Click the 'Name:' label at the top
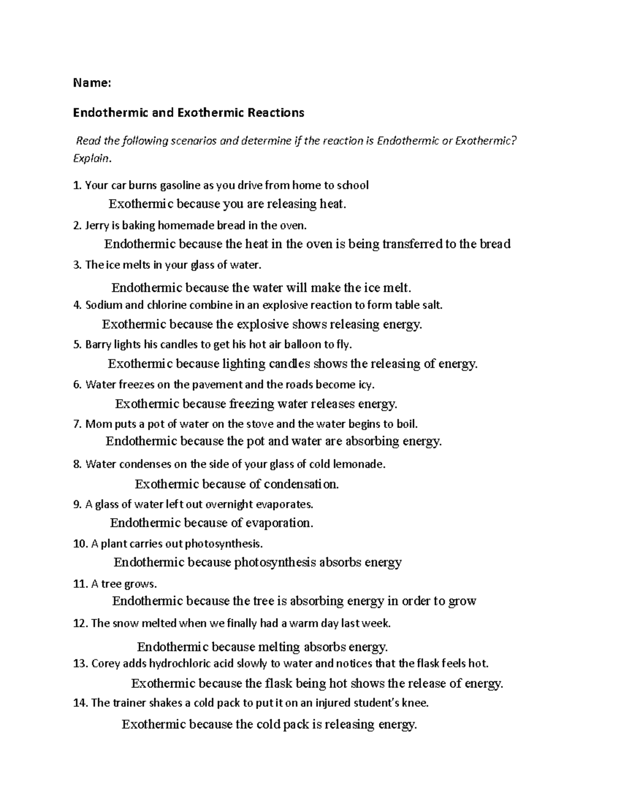pyautogui.click(x=92, y=83)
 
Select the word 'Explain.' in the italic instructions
pyautogui.click(x=92, y=159)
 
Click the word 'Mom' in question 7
pyautogui.click(x=96, y=425)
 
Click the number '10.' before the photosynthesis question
pyautogui.click(x=80, y=544)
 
